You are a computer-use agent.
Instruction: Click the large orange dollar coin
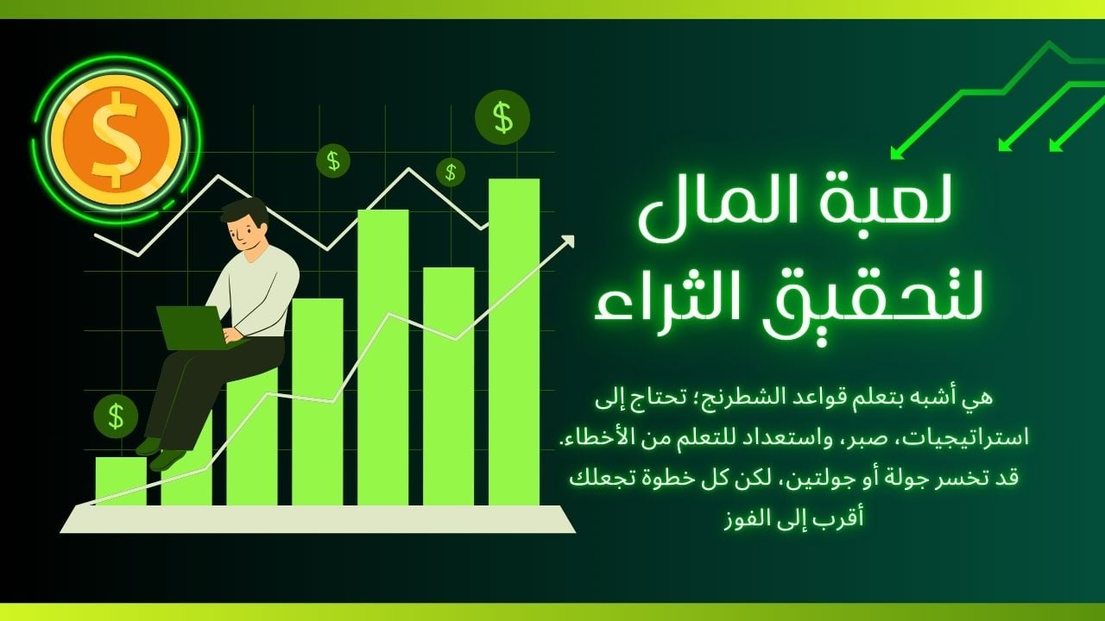(117, 140)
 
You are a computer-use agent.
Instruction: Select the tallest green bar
(514, 342)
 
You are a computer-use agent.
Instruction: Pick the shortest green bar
(121, 481)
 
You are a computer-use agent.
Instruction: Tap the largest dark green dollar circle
(502, 117)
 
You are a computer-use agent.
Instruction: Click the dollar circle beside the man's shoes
(116, 416)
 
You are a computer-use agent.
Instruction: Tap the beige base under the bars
(318, 519)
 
